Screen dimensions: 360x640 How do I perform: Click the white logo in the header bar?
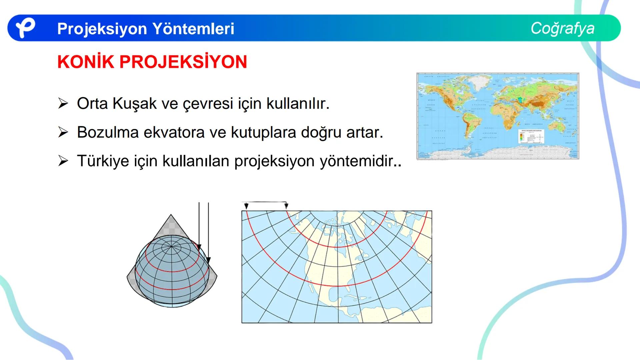pyautogui.click(x=25, y=28)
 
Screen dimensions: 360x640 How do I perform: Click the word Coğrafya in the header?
pyautogui.click(x=562, y=28)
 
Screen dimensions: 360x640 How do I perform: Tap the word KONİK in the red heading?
pyautogui.click(x=86, y=62)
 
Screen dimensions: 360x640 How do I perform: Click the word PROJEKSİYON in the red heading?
pyautogui.click(x=183, y=62)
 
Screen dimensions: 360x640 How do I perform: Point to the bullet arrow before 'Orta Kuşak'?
pyautogui.click(x=63, y=104)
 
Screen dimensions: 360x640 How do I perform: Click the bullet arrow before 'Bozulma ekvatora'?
pyautogui.click(x=63, y=133)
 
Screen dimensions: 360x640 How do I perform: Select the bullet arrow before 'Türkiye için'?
pyautogui.click(x=63, y=161)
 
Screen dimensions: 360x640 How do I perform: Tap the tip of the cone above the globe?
pyautogui.click(x=171, y=215)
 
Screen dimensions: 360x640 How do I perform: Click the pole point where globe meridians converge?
pyautogui.click(x=171, y=247)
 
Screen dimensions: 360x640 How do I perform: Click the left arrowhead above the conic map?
pyautogui.click(x=246, y=206)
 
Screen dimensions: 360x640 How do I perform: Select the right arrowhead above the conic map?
pyautogui.click(x=286, y=206)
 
